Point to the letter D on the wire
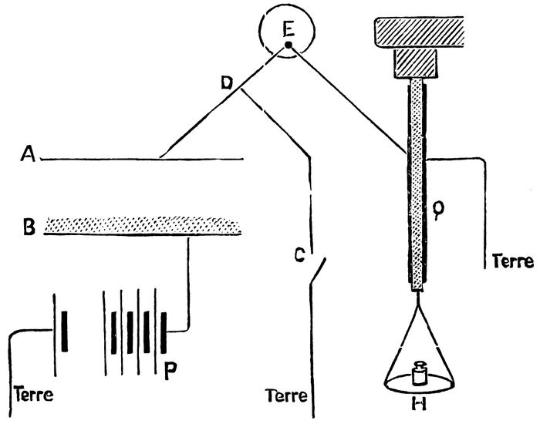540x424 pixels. tap(227, 82)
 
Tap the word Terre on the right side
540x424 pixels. tap(511, 261)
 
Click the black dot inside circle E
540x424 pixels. tap(288, 46)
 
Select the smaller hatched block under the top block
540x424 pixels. tap(417, 62)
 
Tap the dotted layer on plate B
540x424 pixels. tap(143, 224)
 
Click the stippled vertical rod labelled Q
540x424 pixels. tap(417, 185)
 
